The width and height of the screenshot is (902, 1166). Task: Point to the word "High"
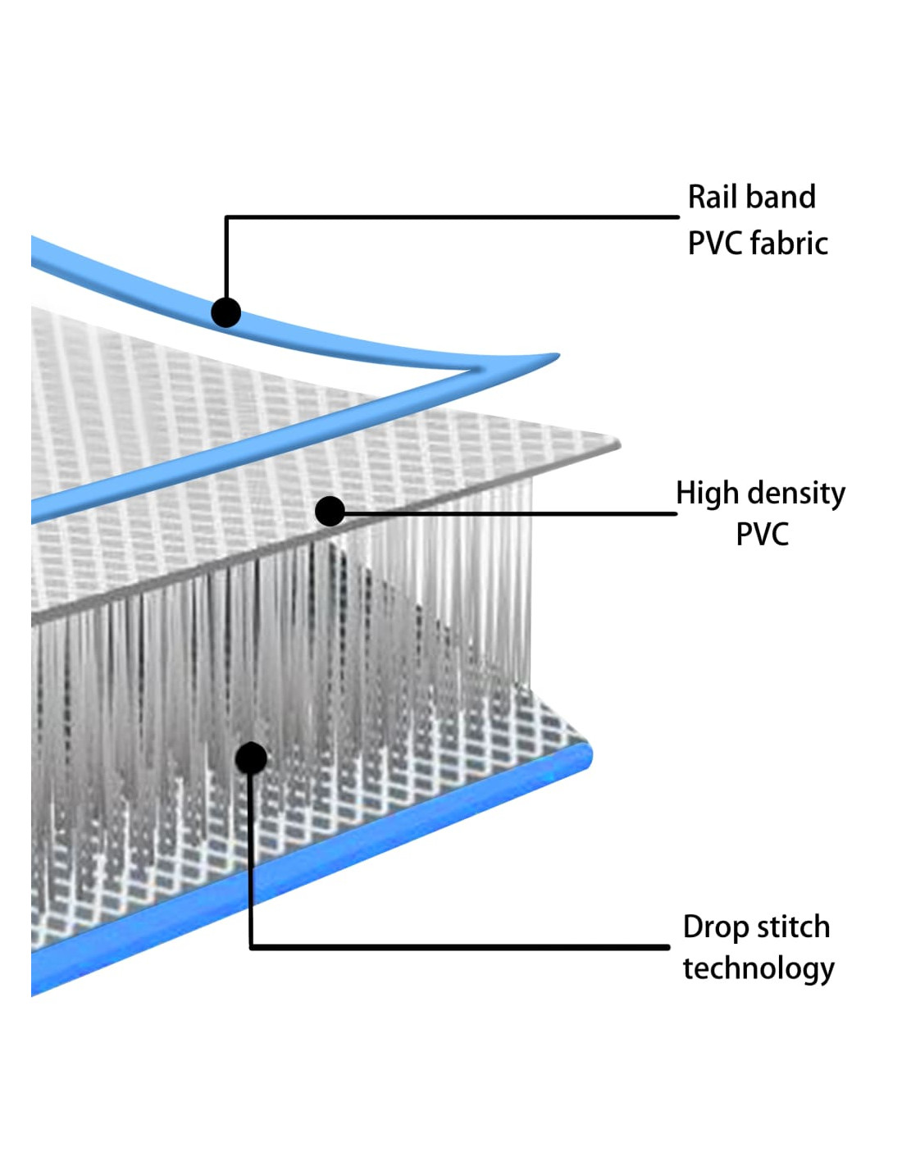(x=703, y=494)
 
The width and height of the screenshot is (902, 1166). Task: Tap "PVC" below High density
(x=762, y=535)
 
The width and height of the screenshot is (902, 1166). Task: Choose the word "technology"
(x=758, y=969)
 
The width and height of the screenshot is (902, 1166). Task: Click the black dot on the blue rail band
(x=225, y=312)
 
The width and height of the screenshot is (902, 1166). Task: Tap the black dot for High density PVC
(x=330, y=511)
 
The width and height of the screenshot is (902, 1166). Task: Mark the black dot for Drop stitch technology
(x=251, y=758)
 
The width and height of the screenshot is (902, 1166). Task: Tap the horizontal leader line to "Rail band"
(x=451, y=217)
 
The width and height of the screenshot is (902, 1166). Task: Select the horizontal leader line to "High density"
(x=508, y=514)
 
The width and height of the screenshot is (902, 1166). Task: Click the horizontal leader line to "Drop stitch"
(x=459, y=947)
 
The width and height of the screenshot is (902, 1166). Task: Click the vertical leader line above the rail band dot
(x=226, y=258)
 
